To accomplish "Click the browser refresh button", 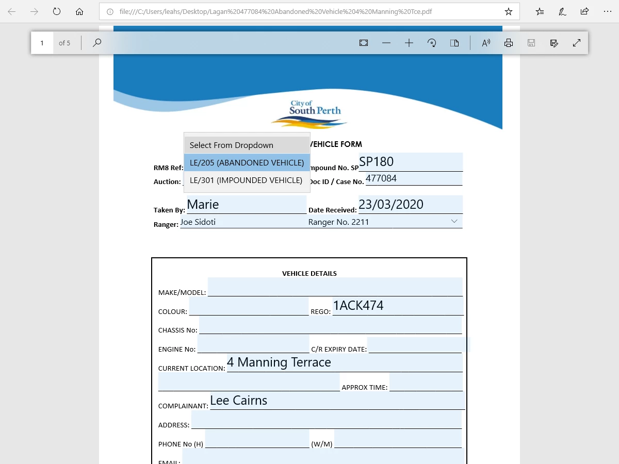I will tap(57, 11).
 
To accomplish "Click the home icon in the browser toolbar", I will tap(79, 11).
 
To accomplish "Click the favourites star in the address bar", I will tap(508, 11).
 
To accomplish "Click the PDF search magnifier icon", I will tap(97, 43).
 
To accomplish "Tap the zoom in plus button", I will tap(409, 43).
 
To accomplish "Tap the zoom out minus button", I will tap(386, 43).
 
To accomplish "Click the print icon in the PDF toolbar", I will tap(509, 43).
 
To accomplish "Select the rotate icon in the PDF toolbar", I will tap(432, 43).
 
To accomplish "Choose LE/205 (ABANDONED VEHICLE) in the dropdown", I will tap(247, 162).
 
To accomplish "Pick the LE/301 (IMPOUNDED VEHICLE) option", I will tap(246, 180).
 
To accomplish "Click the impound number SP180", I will tap(377, 162).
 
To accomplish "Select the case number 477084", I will tap(381, 178).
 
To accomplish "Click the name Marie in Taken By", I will tap(203, 205).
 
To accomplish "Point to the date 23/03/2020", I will tap(391, 205).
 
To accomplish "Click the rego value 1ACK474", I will tap(359, 306).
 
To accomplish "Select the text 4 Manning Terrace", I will tap(279, 362).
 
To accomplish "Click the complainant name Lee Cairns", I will tap(239, 401).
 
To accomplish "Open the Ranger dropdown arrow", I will tap(454, 221).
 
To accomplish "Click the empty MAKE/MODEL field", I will tap(335, 287).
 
